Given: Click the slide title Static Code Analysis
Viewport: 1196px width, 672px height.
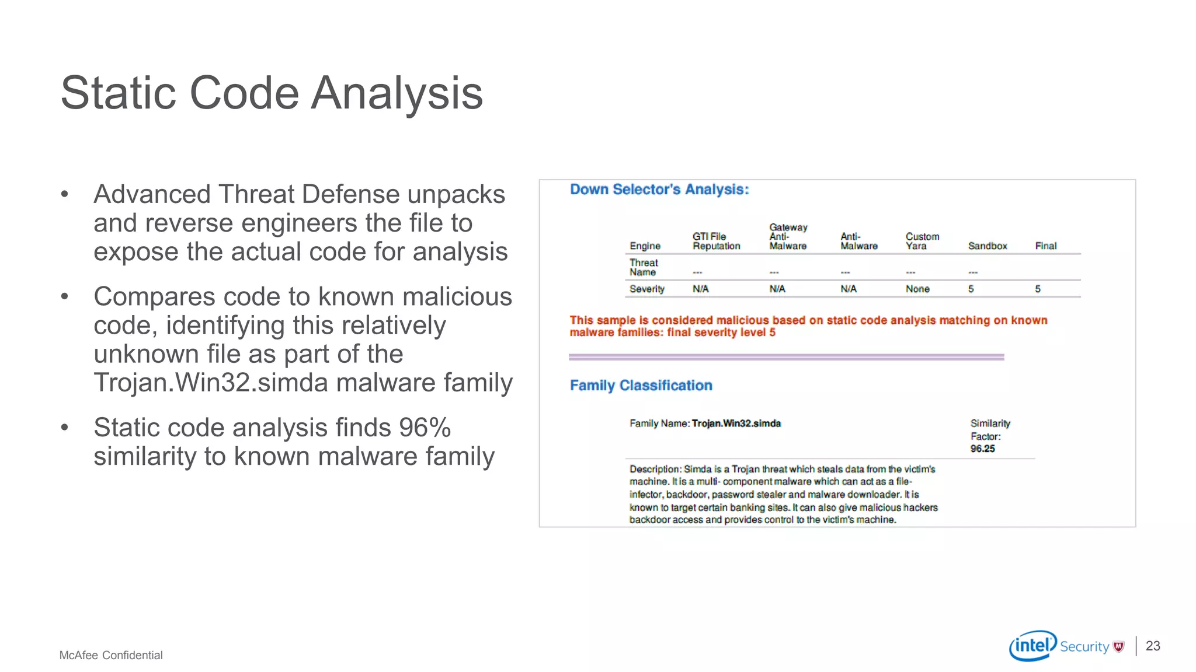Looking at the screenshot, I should [272, 93].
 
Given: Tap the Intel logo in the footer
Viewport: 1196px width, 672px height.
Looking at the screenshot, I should [1032, 645].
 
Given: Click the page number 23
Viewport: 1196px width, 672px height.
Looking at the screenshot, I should [1153, 646].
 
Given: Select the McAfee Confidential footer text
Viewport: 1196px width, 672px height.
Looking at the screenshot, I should [111, 655].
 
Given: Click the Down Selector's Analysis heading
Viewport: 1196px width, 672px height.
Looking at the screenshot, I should [659, 190].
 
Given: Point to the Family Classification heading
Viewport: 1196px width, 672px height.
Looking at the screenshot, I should [641, 386].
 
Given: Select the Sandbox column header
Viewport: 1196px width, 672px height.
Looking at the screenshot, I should [987, 246].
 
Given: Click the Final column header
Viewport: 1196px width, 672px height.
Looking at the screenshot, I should [1045, 246].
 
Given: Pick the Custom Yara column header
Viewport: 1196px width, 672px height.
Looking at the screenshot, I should [922, 241].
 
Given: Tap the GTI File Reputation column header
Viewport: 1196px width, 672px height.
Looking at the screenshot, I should [716, 241].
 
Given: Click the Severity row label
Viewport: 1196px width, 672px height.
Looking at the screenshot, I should [646, 289].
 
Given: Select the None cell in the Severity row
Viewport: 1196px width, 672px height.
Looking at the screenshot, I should [917, 289].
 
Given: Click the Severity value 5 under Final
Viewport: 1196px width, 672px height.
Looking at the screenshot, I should [1038, 289].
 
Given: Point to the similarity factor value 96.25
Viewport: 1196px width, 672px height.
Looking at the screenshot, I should [982, 449].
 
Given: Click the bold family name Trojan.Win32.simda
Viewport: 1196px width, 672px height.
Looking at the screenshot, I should [736, 423].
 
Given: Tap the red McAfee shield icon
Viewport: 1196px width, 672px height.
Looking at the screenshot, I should [1119, 646].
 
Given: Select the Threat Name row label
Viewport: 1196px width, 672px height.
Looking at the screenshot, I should [643, 268].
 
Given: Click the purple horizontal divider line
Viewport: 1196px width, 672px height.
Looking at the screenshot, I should [786, 356].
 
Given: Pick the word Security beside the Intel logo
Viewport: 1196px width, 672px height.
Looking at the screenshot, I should [1084, 646].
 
